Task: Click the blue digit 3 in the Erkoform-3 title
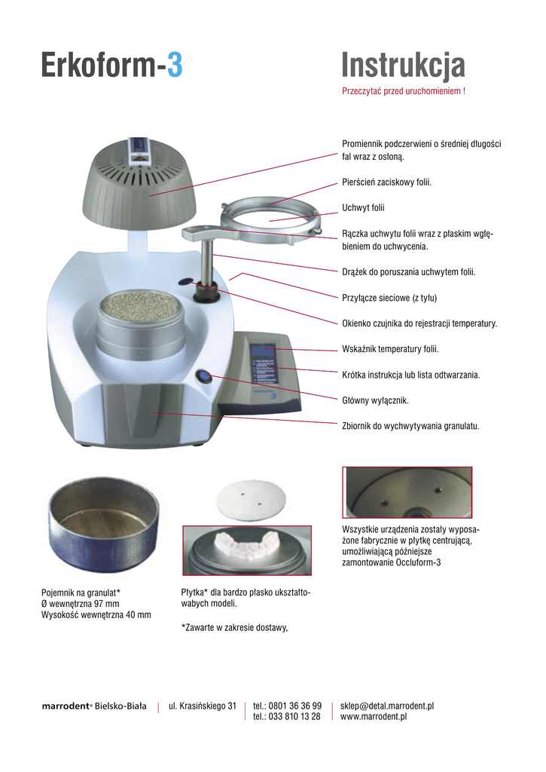coord(174,66)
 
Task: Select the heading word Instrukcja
coord(403,66)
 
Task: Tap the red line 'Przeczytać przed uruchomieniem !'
coord(403,92)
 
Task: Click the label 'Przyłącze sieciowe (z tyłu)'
coord(389,298)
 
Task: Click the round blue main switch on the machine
coord(204,377)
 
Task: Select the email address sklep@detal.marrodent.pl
coord(387,706)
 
